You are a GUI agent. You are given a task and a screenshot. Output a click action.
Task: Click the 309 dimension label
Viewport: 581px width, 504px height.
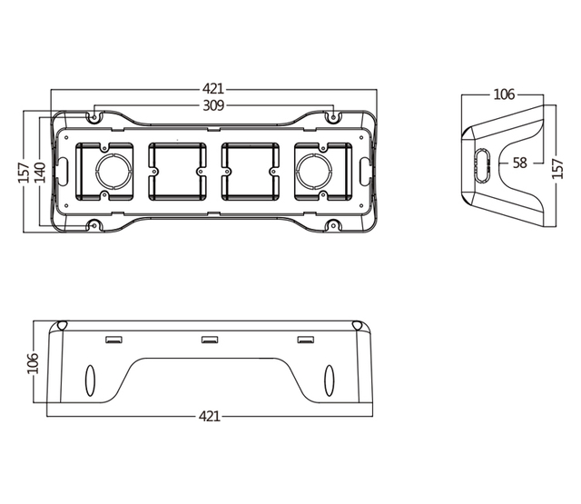point(213,105)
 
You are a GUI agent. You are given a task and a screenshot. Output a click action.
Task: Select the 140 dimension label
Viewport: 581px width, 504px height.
point(40,172)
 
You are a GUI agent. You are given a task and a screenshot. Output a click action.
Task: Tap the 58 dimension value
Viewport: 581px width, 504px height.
point(519,163)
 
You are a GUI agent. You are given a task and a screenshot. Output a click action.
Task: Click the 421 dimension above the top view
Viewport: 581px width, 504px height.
point(213,89)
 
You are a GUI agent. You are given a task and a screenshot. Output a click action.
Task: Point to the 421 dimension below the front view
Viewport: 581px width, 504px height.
point(210,417)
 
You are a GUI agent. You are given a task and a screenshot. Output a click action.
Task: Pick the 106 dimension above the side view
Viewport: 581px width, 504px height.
point(504,94)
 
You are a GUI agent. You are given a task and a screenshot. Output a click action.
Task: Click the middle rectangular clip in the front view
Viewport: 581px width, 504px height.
point(210,341)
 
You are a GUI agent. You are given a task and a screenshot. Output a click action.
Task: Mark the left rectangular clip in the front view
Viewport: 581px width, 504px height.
point(113,341)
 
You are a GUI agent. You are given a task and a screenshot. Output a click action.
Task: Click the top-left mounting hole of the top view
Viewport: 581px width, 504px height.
point(94,116)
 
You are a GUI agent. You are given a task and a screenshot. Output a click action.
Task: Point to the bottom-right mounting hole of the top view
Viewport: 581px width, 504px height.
point(332,225)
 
